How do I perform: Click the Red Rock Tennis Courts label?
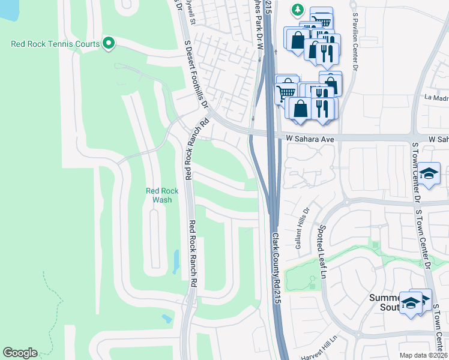coord(55,43)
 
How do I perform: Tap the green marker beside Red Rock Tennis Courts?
coord(108,43)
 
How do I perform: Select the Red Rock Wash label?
coord(162,195)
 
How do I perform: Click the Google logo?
coord(20,353)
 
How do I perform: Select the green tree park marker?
coord(297,10)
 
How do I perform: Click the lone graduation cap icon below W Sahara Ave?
coord(429,173)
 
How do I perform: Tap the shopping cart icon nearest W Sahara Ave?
coord(286,92)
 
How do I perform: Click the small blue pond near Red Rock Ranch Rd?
coord(175,262)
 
